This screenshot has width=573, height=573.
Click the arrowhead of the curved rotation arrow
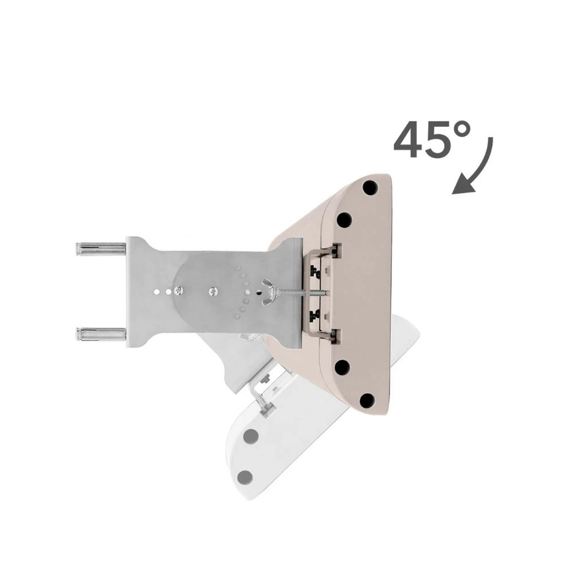point(464,184)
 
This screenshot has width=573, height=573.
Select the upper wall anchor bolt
point(101,249)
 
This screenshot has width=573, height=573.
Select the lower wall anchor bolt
point(101,333)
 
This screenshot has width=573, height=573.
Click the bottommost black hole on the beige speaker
point(367,401)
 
